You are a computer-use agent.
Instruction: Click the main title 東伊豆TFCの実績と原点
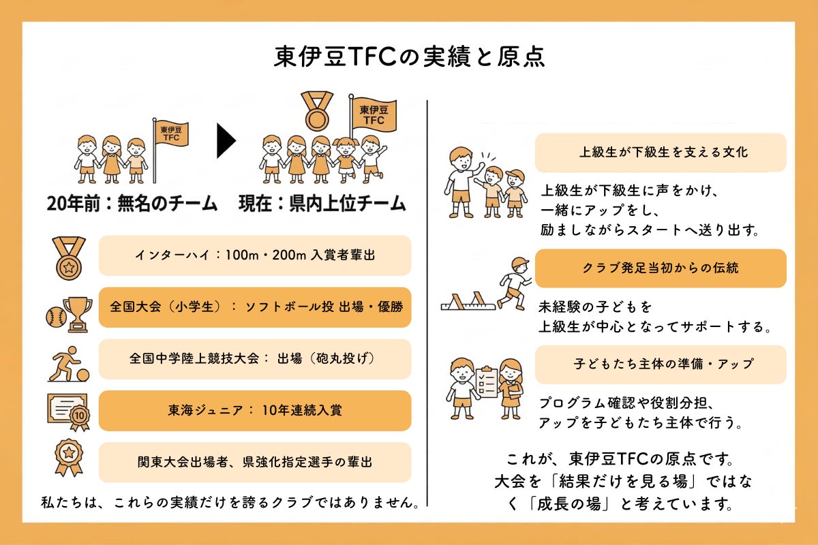pos(409,57)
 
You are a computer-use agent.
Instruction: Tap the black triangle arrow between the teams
pos(226,141)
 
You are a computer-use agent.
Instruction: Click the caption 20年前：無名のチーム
pos(132,203)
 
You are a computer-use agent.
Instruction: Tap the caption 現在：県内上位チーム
pos(322,203)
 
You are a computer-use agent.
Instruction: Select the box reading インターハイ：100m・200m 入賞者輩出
pos(255,255)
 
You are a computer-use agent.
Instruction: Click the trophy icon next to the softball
pos(78,314)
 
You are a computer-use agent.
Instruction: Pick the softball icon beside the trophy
pos(56,317)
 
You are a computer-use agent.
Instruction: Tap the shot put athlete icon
pos(69,364)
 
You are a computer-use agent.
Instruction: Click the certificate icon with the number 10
pos(69,412)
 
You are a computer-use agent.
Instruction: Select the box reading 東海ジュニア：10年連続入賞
pos(255,411)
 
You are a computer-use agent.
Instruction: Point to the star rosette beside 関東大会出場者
pos(69,458)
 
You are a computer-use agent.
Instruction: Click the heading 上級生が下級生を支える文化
pos(663,152)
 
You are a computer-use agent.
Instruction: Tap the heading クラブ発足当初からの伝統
pos(661,268)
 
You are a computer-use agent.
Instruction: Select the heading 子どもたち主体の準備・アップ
pos(663,364)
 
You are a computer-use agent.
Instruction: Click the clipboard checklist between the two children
pos(487,381)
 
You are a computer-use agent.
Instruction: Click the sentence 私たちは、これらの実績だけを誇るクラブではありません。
pos(230,503)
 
